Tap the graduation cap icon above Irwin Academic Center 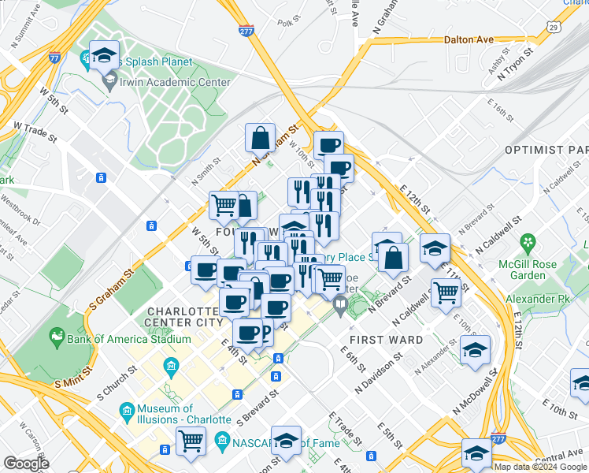(104, 56)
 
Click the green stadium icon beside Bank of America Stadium (56, 339)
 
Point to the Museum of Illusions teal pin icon (126, 411)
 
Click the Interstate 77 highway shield (54, 58)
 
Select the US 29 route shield (554, 28)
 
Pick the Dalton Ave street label (468, 39)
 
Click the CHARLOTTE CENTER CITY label (184, 317)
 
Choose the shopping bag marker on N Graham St (260, 140)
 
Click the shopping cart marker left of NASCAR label (191, 442)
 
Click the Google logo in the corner (26, 464)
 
